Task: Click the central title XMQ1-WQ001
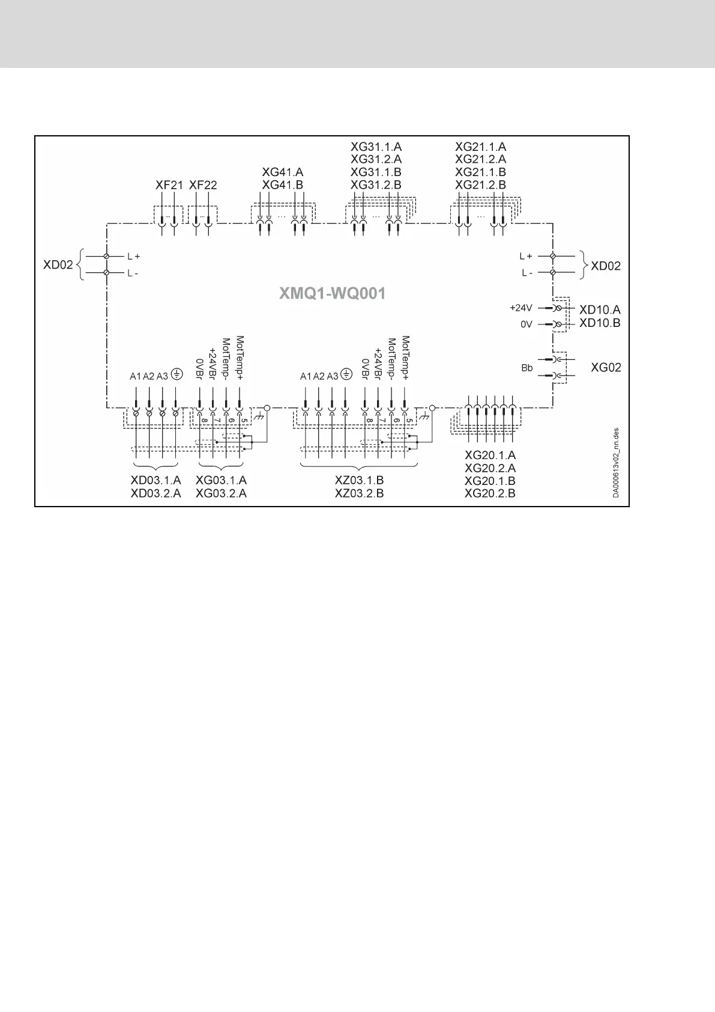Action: click(x=332, y=294)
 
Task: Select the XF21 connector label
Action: click(x=169, y=185)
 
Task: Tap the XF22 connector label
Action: click(x=203, y=185)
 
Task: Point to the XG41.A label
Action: click(x=283, y=172)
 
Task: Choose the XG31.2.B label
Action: click(x=376, y=185)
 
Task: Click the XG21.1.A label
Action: click(x=480, y=147)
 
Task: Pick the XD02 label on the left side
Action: click(x=58, y=265)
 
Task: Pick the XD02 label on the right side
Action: click(x=606, y=266)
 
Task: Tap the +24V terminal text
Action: click(x=520, y=308)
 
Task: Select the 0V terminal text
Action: click(x=526, y=324)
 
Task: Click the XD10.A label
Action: click(x=599, y=309)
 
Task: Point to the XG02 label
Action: click(x=606, y=367)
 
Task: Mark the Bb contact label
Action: click(x=526, y=368)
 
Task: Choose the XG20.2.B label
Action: click(x=490, y=493)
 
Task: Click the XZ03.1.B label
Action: click(x=359, y=481)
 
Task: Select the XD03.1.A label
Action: click(x=155, y=481)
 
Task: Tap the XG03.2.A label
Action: click(x=221, y=493)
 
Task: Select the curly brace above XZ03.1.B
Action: click(x=359, y=466)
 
